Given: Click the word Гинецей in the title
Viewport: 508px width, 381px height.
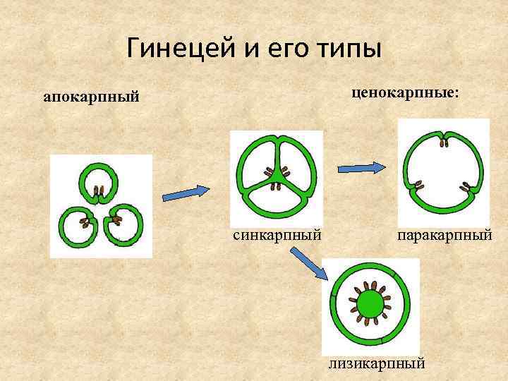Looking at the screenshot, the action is click(x=175, y=49).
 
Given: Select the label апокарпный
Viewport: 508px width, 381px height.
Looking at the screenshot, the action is click(x=91, y=96).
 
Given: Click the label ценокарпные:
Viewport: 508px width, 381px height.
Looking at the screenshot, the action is click(x=404, y=92).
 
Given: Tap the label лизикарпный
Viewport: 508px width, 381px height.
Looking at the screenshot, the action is click(x=377, y=364).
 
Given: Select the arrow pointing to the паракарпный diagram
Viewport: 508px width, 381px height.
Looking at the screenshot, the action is click(x=361, y=168).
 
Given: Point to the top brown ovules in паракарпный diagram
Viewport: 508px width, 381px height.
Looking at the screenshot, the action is click(x=444, y=143).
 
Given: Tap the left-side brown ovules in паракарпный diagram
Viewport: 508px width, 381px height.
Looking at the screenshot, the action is click(x=418, y=187).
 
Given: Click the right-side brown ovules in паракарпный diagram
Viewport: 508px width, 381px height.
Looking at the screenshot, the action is click(x=466, y=188).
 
